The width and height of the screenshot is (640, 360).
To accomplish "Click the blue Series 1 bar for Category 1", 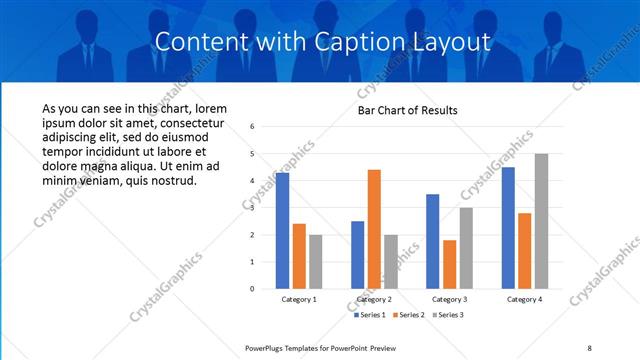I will (x=282, y=231).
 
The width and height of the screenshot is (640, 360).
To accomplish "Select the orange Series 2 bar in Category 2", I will (x=374, y=229).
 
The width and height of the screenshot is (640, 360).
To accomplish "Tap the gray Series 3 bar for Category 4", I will (x=541, y=221).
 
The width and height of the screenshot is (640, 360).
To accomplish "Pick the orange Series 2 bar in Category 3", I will (x=449, y=264).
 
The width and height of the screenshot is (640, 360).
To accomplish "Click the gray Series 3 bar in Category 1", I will (x=316, y=262).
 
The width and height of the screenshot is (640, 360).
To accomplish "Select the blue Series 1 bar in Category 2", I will (x=357, y=255).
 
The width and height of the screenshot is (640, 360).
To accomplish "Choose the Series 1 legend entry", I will (x=371, y=315).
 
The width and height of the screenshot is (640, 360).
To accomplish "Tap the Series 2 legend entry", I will (x=409, y=315).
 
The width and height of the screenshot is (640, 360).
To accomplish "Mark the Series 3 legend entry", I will (x=446, y=315).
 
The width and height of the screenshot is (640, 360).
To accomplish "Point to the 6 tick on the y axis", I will (x=253, y=127).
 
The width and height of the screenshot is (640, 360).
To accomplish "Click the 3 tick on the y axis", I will (x=253, y=208).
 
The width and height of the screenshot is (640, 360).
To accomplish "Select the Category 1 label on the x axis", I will (x=299, y=299).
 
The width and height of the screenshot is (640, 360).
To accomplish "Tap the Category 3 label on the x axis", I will (x=449, y=299).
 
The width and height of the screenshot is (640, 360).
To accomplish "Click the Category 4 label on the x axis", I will (x=524, y=299).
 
